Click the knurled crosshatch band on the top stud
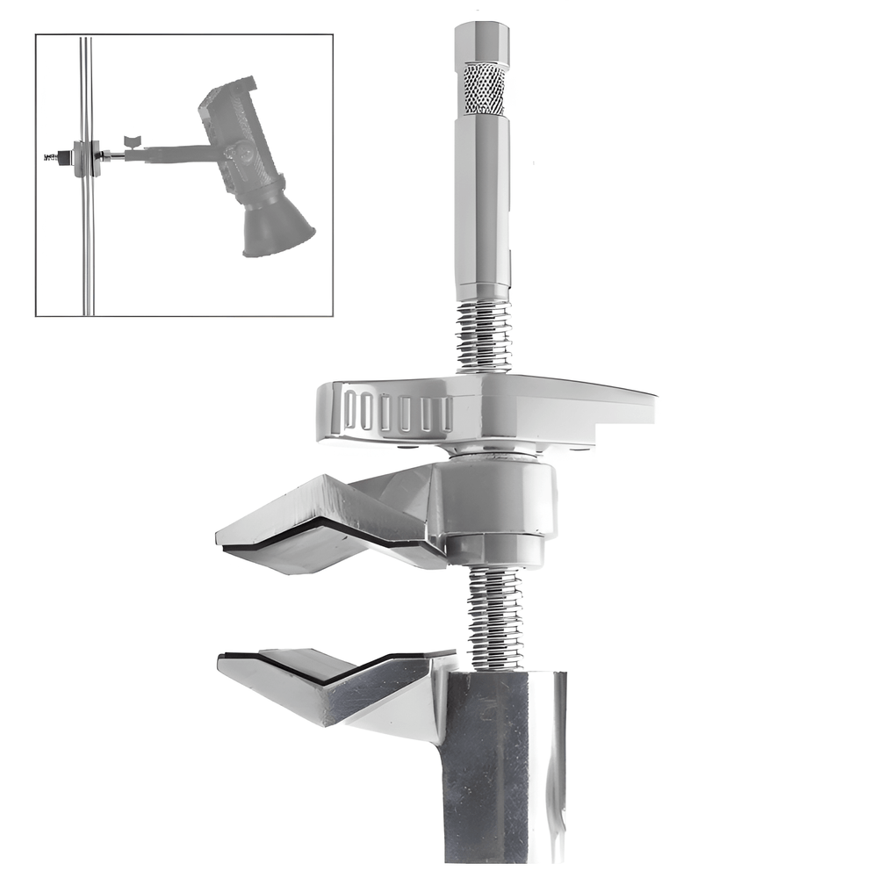(x=484, y=88)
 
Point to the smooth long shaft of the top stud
(x=482, y=202)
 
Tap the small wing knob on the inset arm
(x=133, y=140)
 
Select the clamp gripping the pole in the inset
(x=85, y=158)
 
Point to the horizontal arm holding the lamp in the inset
(x=167, y=155)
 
